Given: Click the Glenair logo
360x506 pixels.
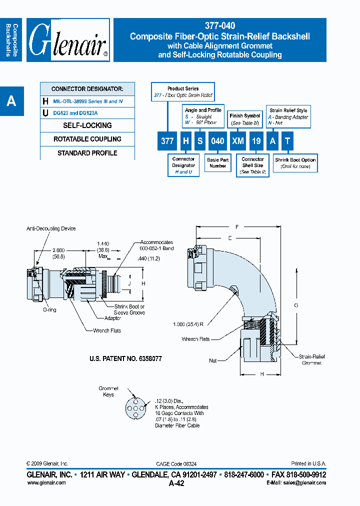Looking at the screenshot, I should click(68, 40).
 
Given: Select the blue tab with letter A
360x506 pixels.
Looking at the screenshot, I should click(11, 101).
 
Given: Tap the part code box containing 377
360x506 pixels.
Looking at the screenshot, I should click(167, 141).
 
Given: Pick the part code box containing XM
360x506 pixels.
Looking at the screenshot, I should click(237, 141).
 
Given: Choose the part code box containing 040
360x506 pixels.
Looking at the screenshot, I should click(217, 141).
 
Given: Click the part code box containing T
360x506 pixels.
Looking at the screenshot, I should click(287, 141).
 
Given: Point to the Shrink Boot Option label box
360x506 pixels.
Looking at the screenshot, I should click(295, 163).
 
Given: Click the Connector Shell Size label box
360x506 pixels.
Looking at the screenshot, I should click(252, 165).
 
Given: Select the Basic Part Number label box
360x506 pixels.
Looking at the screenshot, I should click(217, 163).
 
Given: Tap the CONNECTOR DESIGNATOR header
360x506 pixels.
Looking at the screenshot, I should click(87, 89).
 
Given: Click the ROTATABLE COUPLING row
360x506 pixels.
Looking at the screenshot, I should click(87, 139).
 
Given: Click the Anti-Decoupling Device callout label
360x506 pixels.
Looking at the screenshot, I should click(51, 228).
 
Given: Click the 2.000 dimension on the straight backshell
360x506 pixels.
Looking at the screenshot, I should click(58, 252).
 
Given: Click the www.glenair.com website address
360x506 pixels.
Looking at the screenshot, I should click(46, 483).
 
